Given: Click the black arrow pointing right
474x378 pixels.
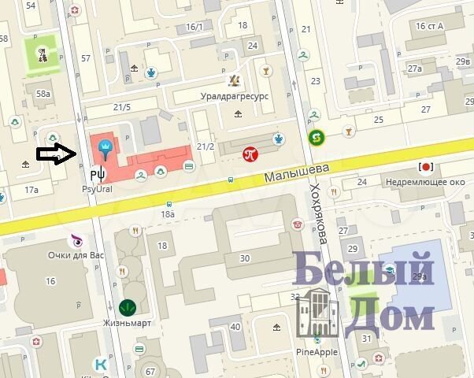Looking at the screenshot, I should click(56, 154).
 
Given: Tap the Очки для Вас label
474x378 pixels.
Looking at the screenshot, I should click(76, 255).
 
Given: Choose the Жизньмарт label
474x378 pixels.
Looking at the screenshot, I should click(126, 323).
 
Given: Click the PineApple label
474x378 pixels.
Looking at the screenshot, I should click(317, 351).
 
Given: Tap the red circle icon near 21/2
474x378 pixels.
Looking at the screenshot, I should click(251, 154).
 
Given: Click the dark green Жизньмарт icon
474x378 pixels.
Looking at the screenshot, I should click(126, 307).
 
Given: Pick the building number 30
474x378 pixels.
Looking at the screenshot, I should click(245, 258).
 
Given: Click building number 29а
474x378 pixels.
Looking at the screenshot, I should click(420, 276).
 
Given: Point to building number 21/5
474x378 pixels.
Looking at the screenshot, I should click(121, 107).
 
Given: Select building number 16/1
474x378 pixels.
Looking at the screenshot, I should click(194, 27).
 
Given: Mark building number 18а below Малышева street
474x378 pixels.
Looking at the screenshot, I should click(167, 213).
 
